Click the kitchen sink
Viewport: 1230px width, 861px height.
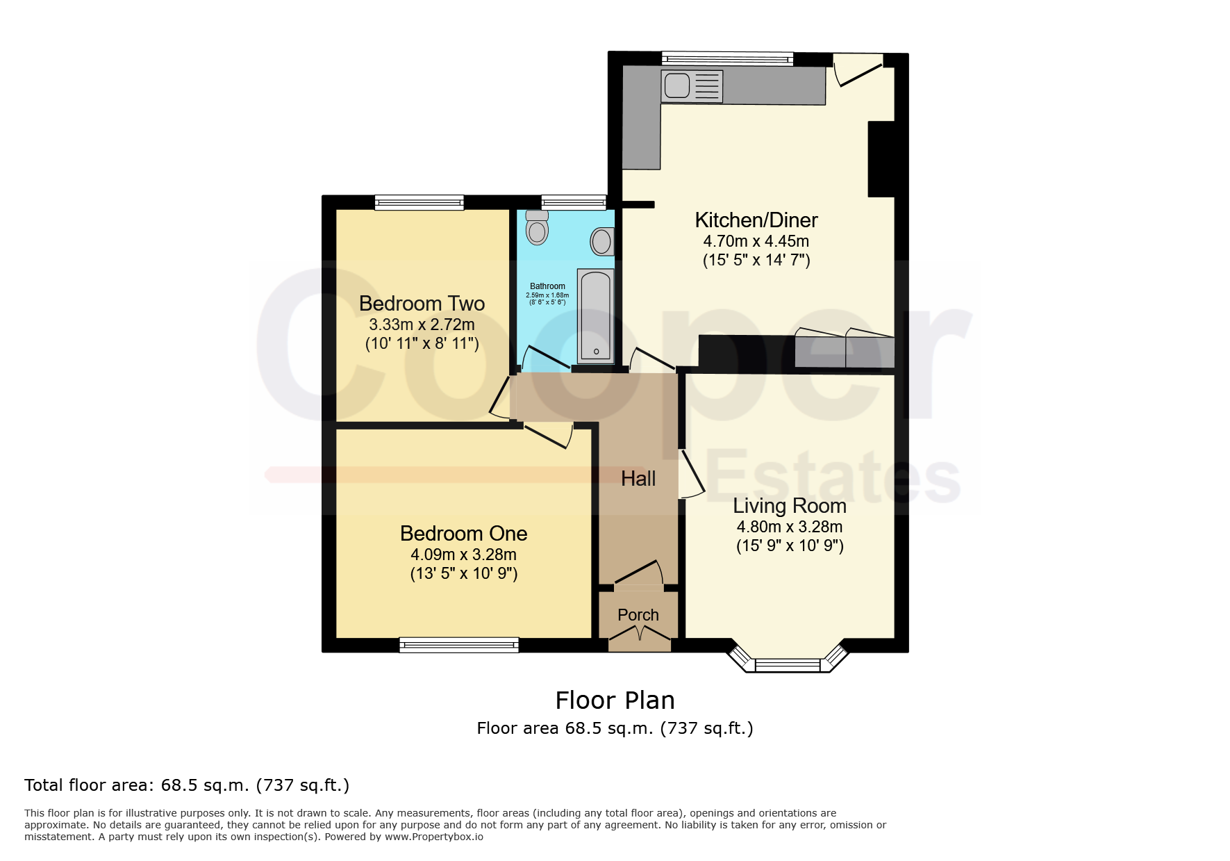[x=692, y=86]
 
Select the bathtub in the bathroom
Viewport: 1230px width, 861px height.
[x=596, y=316]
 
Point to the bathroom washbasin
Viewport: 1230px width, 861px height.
[x=602, y=242]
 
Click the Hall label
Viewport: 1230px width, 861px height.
[x=638, y=478]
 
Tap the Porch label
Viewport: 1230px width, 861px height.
[x=638, y=615]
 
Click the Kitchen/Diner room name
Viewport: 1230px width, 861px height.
[x=756, y=220]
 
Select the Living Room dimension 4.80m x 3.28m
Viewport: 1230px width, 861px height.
[x=790, y=527]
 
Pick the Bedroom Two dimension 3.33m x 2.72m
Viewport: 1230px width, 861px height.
[x=422, y=325]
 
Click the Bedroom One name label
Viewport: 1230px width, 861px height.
[x=463, y=534]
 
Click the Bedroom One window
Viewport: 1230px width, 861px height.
[x=459, y=645]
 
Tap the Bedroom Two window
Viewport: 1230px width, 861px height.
[x=419, y=202]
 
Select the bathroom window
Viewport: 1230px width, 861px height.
[x=574, y=202]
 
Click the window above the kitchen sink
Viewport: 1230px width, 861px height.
[x=727, y=59]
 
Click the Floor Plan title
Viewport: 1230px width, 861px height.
[x=615, y=700]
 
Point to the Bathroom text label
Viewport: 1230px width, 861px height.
[x=547, y=286]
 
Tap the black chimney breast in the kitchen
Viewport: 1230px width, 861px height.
[x=881, y=159]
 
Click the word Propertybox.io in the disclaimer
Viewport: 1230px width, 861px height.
[x=434, y=837]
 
